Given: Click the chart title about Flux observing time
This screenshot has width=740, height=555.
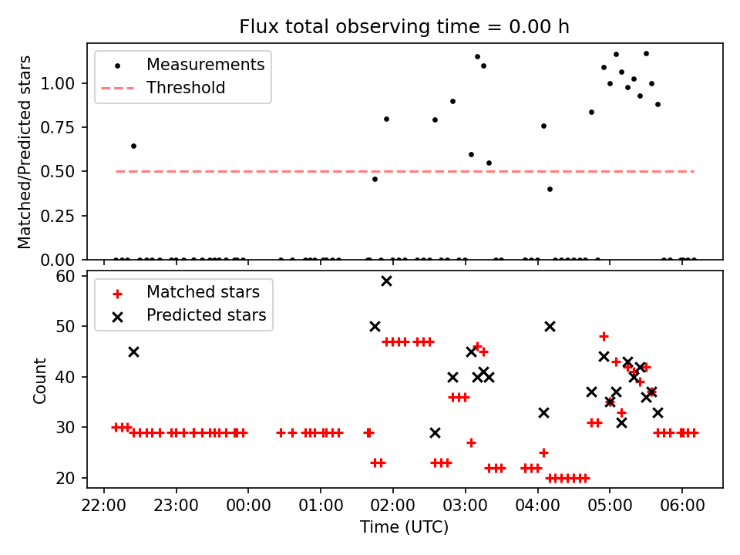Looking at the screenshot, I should [404, 27].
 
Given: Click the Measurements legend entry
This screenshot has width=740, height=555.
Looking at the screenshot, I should [205, 65].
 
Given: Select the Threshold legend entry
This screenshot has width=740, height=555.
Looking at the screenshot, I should [186, 88].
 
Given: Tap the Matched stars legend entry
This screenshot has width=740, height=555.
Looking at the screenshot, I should [203, 292].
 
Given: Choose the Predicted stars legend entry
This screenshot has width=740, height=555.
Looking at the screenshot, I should [206, 315].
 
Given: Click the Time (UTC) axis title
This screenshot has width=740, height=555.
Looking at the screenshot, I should [404, 528].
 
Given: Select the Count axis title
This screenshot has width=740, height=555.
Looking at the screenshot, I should [39, 380].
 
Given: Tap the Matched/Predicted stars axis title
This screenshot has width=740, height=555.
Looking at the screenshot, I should [25, 152].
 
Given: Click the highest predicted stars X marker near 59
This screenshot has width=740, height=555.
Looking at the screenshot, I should [386, 281].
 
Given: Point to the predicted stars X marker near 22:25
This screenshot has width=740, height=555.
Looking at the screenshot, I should [133, 351].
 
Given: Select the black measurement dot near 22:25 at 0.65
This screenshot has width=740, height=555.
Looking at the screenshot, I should [133, 146].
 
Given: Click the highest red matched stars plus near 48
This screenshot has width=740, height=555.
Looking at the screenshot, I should [604, 336].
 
